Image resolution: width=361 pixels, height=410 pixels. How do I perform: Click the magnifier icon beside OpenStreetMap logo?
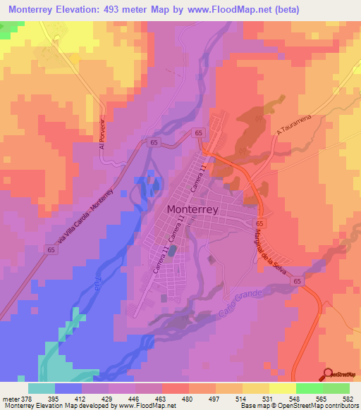click(329, 373)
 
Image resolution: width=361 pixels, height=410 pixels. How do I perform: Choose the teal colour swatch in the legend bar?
click(42, 388)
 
